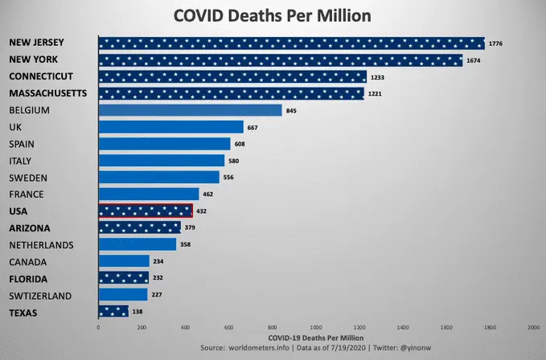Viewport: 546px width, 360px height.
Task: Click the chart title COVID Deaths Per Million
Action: [273, 16]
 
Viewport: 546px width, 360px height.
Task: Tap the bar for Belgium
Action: [190, 110]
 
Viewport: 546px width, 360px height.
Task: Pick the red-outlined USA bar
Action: [146, 211]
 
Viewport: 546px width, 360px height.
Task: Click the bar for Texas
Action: [113, 311]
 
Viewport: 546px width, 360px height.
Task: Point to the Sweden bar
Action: [158, 177]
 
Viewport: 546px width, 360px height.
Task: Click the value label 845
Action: [291, 110]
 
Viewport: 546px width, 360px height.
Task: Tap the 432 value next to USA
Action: [202, 211]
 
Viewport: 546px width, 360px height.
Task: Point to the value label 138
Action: [138, 311]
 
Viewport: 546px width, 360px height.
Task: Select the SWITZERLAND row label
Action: [40, 295]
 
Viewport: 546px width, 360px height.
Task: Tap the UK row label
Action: [15, 127]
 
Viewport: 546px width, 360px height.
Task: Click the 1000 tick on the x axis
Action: [315, 328]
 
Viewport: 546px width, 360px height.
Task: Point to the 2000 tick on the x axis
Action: [533, 328]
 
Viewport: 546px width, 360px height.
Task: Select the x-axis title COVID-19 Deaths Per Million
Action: [315, 337]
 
